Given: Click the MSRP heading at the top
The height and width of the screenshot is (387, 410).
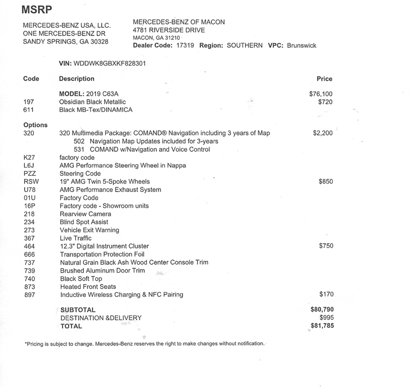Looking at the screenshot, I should pyautogui.click(x=38, y=10).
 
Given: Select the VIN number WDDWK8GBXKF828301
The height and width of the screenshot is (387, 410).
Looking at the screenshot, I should pyautogui.click(x=109, y=63).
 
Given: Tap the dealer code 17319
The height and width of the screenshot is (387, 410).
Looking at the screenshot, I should pyautogui.click(x=185, y=46).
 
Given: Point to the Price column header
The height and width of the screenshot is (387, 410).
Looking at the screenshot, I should pyautogui.click(x=324, y=79).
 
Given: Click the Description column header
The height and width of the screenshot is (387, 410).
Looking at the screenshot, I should pyautogui.click(x=76, y=79).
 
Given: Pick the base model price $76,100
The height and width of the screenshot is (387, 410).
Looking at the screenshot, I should pyautogui.click(x=321, y=94).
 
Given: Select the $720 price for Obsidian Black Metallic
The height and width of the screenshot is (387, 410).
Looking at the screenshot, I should pyautogui.click(x=325, y=102).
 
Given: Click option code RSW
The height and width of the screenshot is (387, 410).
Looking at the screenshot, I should pyautogui.click(x=30, y=182).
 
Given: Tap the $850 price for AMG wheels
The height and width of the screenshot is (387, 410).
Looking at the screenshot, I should pyautogui.click(x=326, y=182).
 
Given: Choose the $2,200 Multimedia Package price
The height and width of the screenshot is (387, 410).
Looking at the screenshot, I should pyautogui.click(x=323, y=133).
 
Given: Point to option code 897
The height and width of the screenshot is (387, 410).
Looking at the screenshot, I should pyautogui.click(x=29, y=295).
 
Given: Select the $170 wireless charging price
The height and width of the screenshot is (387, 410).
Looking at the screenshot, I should pyautogui.click(x=326, y=295).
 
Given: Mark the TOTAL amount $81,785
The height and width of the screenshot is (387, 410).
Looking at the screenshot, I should pyautogui.click(x=322, y=326).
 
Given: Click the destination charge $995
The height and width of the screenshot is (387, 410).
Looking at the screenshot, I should pyautogui.click(x=326, y=318).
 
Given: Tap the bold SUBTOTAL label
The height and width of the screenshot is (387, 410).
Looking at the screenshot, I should pyautogui.click(x=78, y=310).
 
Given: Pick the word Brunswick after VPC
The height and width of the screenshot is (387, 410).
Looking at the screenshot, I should pyautogui.click(x=301, y=46).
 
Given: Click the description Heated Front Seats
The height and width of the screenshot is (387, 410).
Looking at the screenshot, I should pyautogui.click(x=88, y=286).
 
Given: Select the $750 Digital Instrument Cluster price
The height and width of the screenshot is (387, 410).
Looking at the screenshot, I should pyautogui.click(x=326, y=246).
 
